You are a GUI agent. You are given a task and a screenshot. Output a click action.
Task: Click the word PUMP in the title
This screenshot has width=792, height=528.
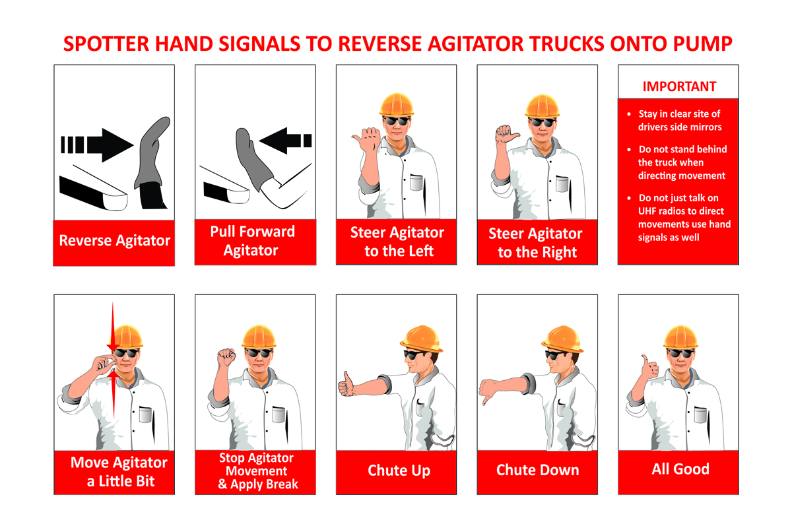[x=702, y=44]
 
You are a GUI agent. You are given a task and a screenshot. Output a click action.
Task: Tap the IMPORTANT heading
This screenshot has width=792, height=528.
[x=679, y=86]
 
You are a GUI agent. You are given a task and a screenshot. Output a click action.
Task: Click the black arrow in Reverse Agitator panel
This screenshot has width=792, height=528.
[x=97, y=145]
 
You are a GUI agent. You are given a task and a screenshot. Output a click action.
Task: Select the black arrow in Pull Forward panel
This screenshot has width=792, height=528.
[x=285, y=141]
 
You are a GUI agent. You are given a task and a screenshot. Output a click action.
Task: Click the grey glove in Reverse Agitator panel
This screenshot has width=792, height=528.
[x=152, y=152]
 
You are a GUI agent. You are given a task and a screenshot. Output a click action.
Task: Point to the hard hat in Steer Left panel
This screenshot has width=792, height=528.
[x=397, y=104]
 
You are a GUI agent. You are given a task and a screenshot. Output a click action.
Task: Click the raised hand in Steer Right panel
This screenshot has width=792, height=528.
[x=506, y=135]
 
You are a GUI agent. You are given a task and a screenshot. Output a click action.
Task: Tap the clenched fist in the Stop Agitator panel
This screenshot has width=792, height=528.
[x=226, y=357]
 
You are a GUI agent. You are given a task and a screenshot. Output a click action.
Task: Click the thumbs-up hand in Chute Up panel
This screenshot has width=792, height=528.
[x=346, y=384]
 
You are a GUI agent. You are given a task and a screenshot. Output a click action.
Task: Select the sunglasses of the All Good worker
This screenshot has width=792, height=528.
[x=680, y=352]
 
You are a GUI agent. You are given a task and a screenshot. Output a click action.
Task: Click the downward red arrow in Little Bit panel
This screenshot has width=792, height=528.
[x=113, y=326]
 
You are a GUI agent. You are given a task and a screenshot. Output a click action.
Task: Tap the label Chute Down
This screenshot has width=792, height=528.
[x=537, y=470]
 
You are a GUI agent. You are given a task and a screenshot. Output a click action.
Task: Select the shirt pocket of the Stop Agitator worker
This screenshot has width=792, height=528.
[x=279, y=415]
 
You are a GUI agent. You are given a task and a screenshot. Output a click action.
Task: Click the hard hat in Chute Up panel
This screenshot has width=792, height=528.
[x=422, y=339]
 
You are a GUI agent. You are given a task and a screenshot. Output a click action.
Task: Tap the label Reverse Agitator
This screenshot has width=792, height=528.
[x=115, y=241]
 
